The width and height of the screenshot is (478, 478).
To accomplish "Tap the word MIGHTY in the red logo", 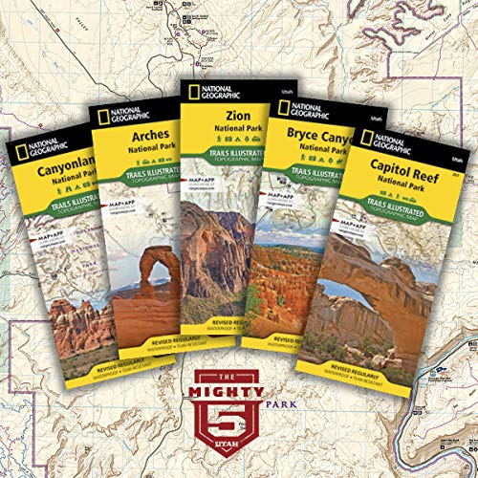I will [x=237, y=387].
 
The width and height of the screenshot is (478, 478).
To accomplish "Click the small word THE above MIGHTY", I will [x=237, y=372].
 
